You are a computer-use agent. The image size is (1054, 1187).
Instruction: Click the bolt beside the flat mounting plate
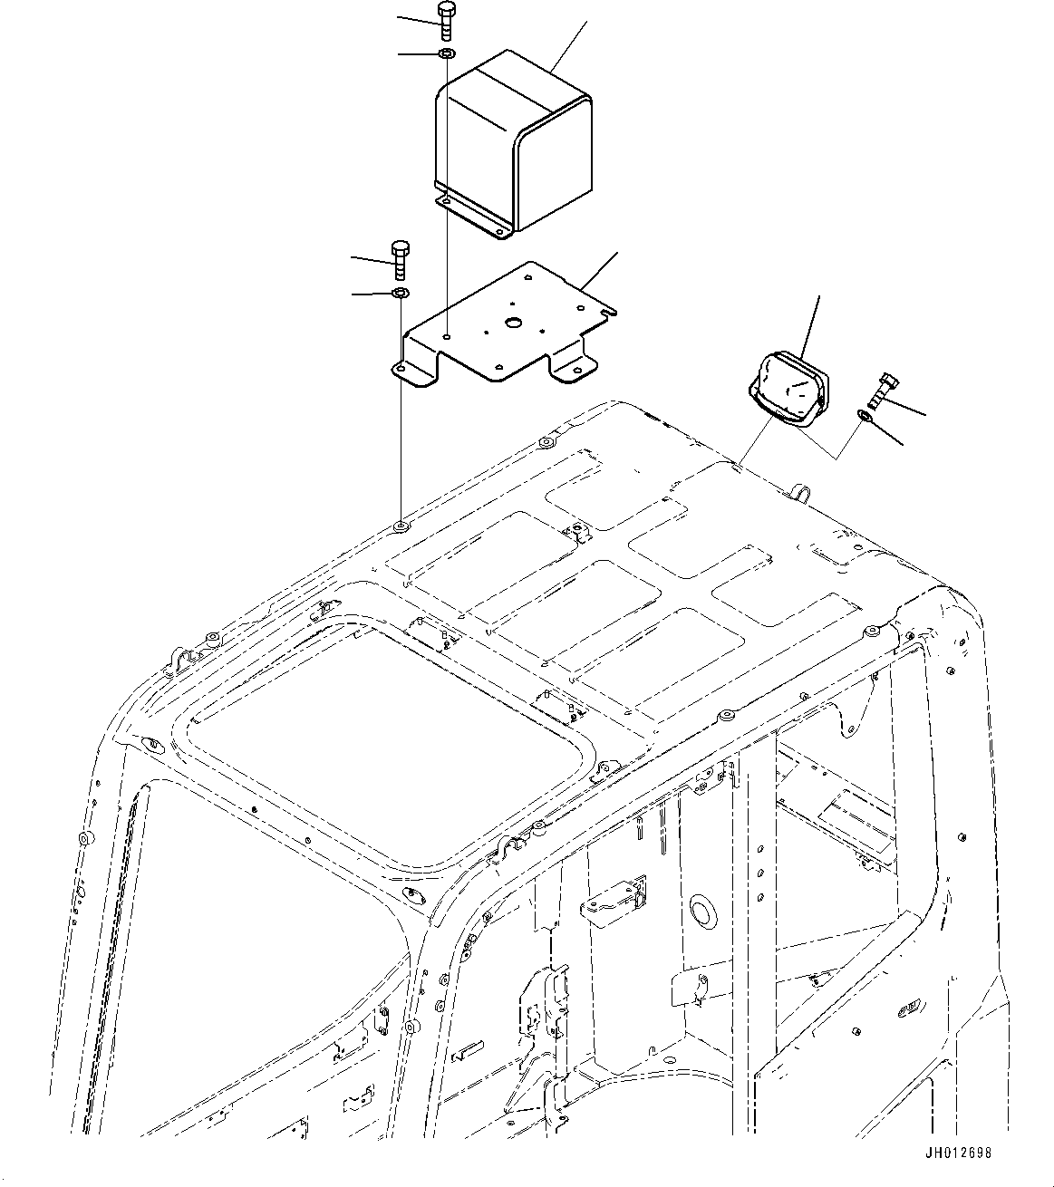coord(400,261)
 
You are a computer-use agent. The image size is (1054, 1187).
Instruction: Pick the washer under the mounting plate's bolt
coord(400,294)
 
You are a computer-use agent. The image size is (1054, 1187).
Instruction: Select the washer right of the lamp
coord(865,416)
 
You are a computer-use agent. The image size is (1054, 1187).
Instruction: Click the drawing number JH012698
coord(959,1153)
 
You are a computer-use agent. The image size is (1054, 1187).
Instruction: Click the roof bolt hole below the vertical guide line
coord(400,526)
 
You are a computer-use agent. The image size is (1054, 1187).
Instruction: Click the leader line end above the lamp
coord(820,295)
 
